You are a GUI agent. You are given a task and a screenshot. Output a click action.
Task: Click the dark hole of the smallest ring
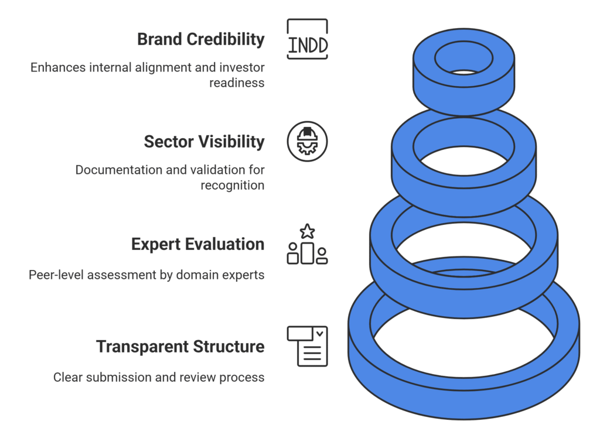464,72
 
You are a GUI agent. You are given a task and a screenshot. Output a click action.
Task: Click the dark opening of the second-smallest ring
463,160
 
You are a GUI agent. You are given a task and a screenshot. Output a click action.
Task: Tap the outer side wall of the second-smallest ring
463,202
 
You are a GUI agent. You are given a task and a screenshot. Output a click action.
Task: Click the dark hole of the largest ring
463,345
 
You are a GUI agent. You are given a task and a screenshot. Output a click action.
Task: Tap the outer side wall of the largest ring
463,404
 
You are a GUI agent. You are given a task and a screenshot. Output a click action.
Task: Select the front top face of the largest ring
463,384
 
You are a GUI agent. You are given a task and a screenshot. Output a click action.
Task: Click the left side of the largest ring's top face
359,325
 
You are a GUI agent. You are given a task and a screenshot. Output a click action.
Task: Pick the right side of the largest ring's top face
568,325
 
